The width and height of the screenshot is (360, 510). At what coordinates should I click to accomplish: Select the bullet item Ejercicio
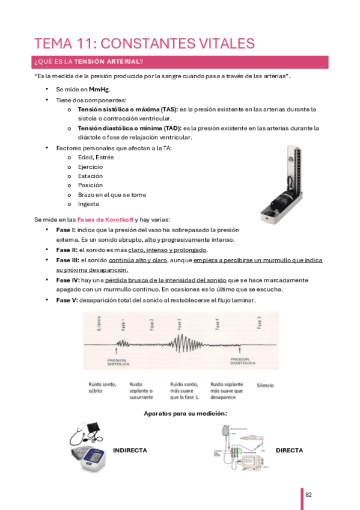[x=90, y=167]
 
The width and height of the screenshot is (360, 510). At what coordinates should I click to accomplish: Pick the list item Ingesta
[x=88, y=204]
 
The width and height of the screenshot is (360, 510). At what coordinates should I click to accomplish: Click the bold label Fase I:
[x=66, y=230]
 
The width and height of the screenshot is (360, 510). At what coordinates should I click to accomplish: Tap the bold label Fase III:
[x=68, y=260]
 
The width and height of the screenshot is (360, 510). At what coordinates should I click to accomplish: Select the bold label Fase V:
[x=67, y=300]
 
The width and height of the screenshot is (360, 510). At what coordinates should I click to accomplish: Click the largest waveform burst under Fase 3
[x=180, y=344]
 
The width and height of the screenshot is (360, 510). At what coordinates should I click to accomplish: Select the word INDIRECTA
[x=130, y=450]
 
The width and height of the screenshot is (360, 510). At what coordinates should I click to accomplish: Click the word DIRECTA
[x=289, y=450]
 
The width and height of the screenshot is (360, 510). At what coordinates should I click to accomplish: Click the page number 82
[x=308, y=494]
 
